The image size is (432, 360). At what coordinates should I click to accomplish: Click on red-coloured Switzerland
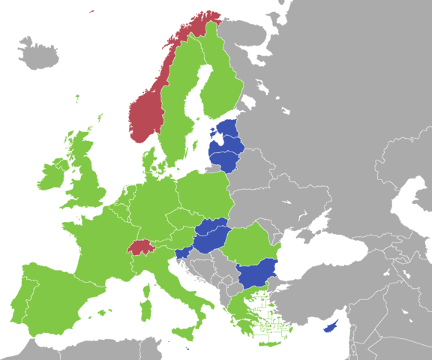click(141, 247)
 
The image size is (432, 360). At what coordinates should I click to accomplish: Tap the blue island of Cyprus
click(329, 327)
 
